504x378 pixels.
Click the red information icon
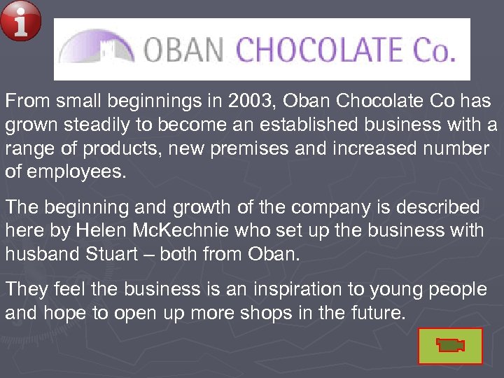click(x=20, y=20)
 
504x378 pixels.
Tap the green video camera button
click(x=450, y=346)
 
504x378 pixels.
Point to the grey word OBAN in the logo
click(x=183, y=50)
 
